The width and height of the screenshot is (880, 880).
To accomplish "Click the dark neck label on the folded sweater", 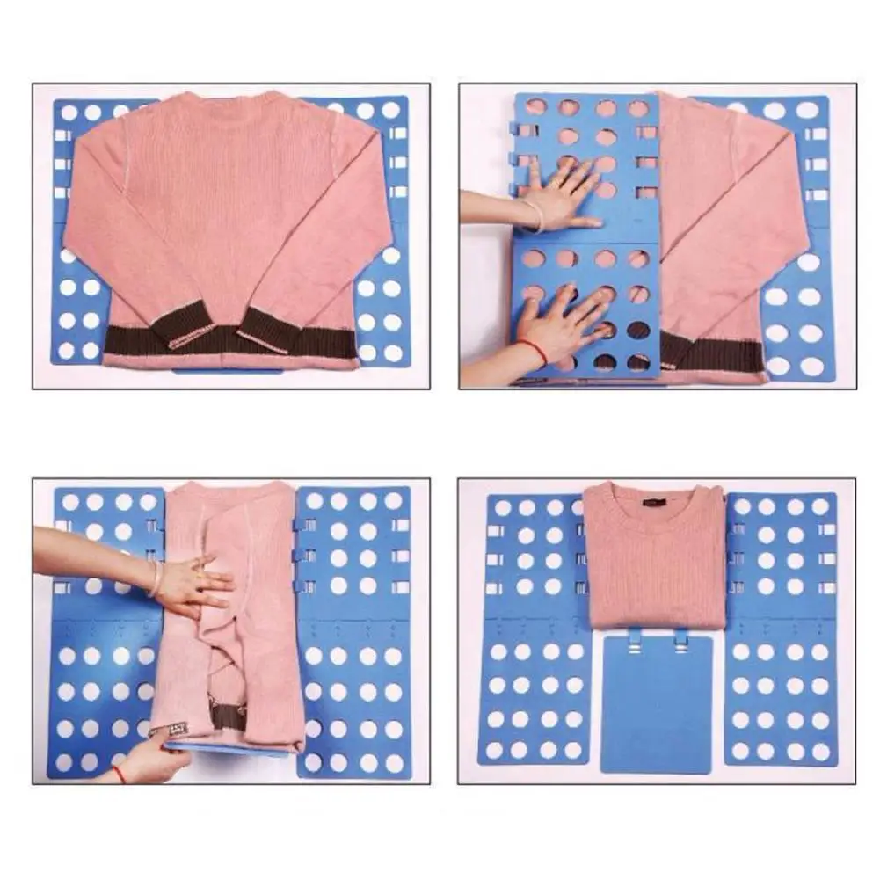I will click(x=655, y=502).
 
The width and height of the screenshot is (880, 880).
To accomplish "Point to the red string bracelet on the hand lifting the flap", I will click(x=118, y=774).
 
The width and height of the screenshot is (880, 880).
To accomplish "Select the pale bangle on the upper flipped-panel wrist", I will click(x=533, y=215).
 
